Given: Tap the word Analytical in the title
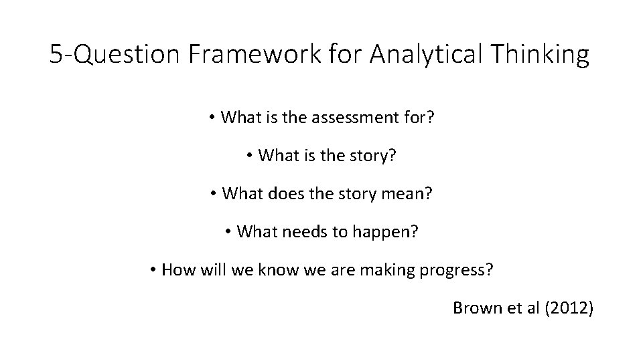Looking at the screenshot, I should point(424,55).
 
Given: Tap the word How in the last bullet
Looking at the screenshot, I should point(177,270).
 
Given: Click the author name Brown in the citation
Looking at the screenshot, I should point(475,308).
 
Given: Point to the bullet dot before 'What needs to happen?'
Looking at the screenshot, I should point(228,232).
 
